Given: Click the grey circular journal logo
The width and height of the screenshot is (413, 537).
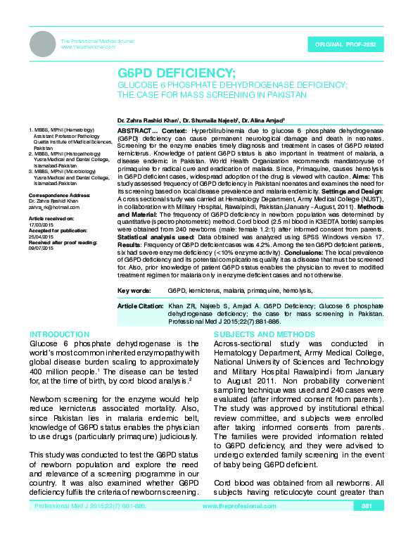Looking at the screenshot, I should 42,44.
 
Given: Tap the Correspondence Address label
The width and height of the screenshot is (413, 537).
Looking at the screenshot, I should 59,194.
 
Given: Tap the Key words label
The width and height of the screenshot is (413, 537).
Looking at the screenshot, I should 134,289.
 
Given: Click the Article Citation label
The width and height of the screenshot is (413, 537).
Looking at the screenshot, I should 140,307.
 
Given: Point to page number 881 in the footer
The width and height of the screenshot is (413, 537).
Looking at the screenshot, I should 367,526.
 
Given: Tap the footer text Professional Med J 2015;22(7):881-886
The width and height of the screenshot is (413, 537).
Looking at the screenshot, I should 90,526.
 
